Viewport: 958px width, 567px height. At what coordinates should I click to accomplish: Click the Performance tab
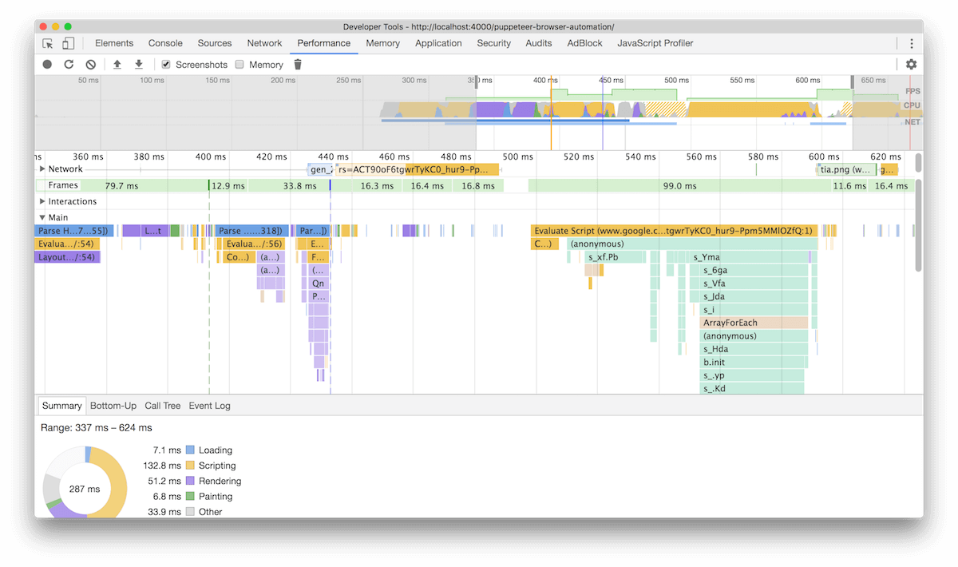(x=323, y=43)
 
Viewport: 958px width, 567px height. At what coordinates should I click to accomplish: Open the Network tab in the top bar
(x=264, y=43)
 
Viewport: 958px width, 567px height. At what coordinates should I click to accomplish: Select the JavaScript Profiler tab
(x=655, y=43)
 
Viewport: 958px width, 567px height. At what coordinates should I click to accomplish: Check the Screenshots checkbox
(x=166, y=65)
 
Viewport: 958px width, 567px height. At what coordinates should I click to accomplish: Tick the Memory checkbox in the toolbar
(x=239, y=65)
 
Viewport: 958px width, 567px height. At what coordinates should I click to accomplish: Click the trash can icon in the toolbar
(x=298, y=65)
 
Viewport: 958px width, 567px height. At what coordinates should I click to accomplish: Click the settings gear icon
(x=911, y=65)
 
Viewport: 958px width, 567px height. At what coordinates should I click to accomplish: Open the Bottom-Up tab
(x=113, y=406)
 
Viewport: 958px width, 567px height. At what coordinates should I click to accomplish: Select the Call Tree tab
(x=163, y=406)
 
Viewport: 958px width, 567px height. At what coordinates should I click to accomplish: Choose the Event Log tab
(x=209, y=406)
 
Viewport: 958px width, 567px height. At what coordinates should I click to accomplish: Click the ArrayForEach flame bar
(x=754, y=323)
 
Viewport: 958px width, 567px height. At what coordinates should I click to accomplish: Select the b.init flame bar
(x=754, y=363)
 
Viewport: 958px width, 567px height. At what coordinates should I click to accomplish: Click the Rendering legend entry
(x=220, y=481)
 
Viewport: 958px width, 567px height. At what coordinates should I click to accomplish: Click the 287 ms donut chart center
(x=85, y=489)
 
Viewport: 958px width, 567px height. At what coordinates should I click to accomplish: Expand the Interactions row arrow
(x=42, y=202)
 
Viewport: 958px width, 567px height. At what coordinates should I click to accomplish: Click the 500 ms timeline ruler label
(x=517, y=157)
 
